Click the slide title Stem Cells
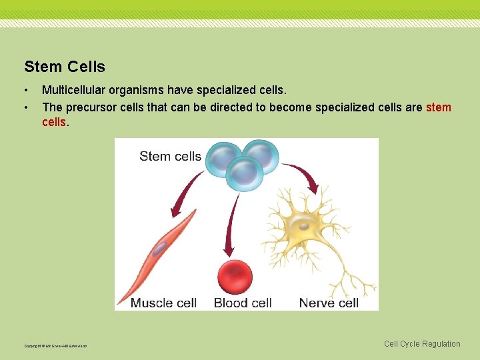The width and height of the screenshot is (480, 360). (x=65, y=67)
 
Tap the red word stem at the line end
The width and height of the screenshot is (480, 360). (x=438, y=107)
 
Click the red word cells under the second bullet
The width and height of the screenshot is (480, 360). (x=54, y=122)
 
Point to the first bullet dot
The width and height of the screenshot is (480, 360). (x=26, y=90)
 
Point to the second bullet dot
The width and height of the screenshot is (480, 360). (x=26, y=107)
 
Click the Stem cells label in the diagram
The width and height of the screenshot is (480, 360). (x=170, y=157)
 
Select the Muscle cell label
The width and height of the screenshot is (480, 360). (x=163, y=303)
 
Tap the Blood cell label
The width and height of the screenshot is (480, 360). (x=243, y=303)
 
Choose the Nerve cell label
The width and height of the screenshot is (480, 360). (x=329, y=303)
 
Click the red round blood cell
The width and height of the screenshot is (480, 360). (x=235, y=277)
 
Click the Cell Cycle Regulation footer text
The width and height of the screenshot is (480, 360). (x=422, y=344)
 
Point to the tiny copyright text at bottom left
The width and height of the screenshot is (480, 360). (x=55, y=346)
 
